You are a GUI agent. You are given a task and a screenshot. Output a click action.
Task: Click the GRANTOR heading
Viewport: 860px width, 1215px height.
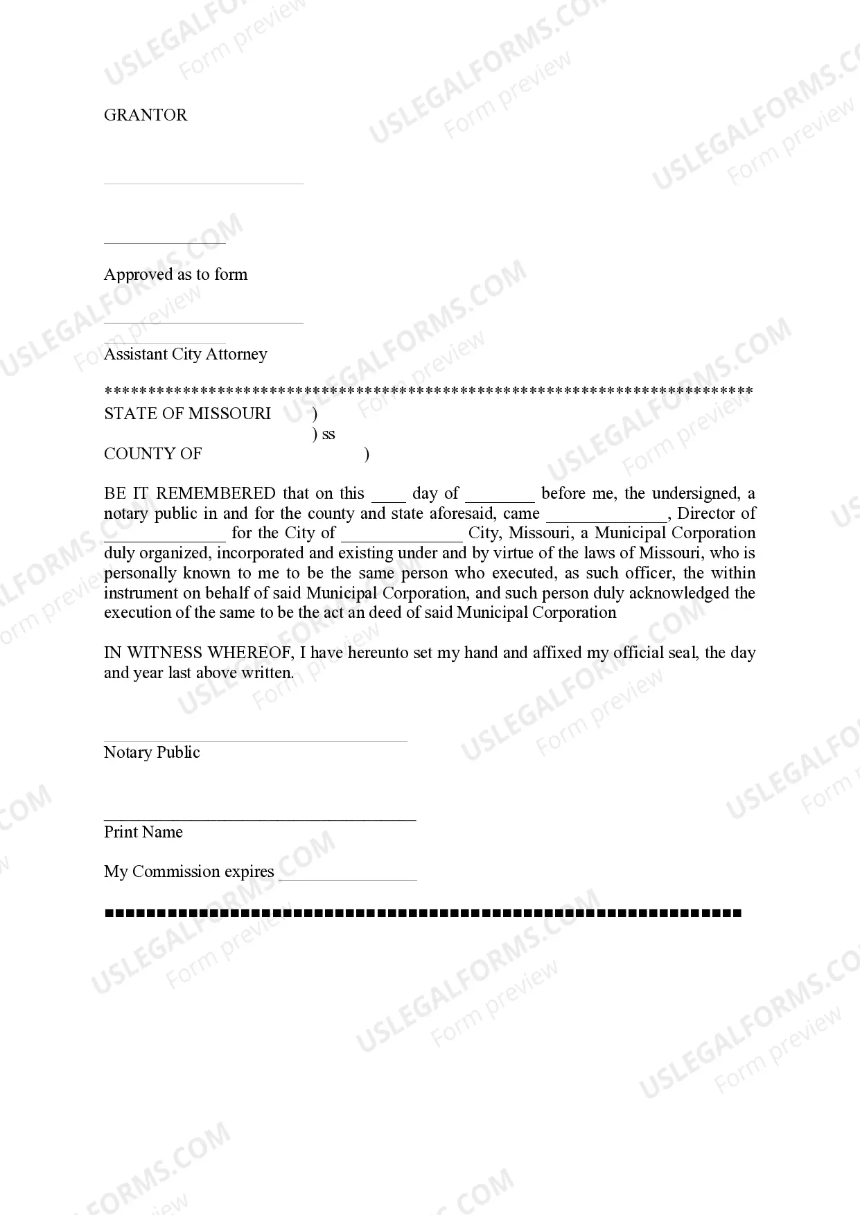146,115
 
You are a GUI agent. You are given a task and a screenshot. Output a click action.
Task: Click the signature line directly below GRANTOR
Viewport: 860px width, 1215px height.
203,184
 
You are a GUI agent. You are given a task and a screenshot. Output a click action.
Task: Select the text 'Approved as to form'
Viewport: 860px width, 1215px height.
175,274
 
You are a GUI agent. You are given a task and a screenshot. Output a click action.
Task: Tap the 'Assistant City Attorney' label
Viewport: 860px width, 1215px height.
185,354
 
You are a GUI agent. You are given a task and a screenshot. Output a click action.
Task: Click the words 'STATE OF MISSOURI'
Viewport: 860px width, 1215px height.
187,414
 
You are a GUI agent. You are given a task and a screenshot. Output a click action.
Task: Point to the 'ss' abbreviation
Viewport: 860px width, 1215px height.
328,434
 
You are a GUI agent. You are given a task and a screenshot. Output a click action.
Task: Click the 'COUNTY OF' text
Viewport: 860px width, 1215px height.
152,454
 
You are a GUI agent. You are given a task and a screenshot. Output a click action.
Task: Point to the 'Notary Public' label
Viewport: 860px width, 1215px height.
152,752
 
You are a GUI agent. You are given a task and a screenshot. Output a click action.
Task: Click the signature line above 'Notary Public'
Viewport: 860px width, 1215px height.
255,741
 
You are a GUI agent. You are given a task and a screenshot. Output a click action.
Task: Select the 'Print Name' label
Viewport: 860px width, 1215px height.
143,832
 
